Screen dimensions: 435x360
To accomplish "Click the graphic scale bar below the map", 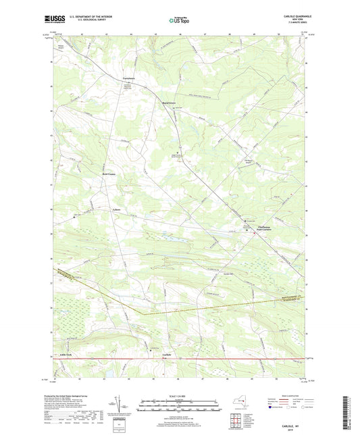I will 180,403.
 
